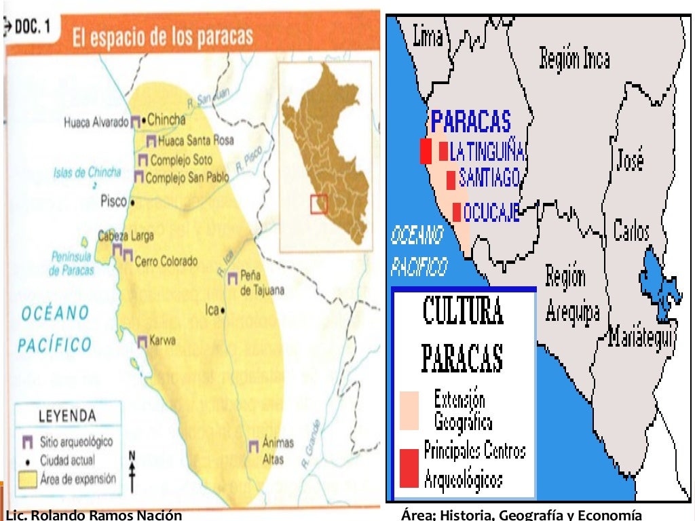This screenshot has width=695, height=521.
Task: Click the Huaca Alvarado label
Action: (x=96, y=123)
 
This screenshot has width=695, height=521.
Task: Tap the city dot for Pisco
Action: (x=133, y=202)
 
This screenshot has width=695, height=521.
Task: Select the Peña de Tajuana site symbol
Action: (x=233, y=277)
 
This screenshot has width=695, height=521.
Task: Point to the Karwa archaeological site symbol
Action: (x=143, y=342)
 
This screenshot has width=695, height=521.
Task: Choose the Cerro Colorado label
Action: (x=166, y=261)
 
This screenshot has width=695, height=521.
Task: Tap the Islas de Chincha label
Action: (x=87, y=172)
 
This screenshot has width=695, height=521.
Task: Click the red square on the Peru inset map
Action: (x=319, y=204)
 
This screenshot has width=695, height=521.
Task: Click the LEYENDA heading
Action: (x=67, y=415)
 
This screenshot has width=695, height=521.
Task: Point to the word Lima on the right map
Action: (x=428, y=37)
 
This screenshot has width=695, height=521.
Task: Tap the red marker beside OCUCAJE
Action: (x=457, y=212)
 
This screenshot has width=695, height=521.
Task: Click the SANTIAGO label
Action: (x=489, y=178)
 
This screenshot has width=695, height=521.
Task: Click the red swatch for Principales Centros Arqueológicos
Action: (x=409, y=468)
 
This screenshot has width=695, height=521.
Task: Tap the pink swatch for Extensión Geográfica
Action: (x=409, y=410)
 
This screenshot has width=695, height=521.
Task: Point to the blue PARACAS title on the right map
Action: (x=471, y=122)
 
